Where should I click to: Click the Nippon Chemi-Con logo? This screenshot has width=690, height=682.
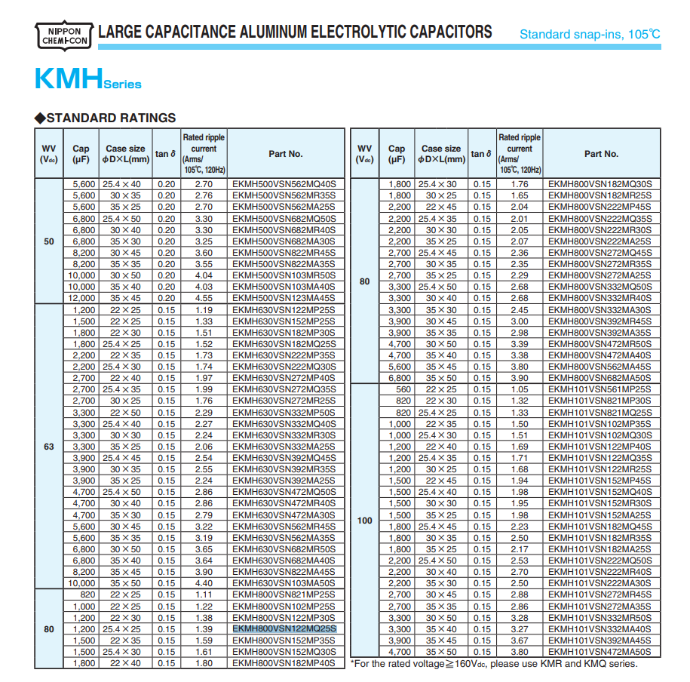[x=64, y=33]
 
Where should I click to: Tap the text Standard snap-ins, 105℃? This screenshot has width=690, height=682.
[x=590, y=34]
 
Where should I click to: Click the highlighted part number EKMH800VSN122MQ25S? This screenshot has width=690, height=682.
[x=284, y=629]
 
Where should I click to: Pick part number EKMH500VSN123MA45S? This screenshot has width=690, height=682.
[x=284, y=298]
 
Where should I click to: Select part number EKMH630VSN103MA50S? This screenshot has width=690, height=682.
[x=284, y=584]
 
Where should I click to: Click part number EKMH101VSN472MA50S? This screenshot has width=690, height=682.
[x=600, y=652]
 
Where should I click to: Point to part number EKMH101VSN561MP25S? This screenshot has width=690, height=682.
[x=600, y=389]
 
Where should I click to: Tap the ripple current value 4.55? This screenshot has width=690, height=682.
[x=204, y=298]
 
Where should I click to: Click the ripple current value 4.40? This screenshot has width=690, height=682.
[x=204, y=584]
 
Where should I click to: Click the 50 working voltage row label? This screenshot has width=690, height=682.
[x=49, y=241]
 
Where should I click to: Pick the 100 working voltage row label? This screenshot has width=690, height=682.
[x=364, y=521]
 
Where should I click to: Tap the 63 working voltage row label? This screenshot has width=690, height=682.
[x=49, y=447]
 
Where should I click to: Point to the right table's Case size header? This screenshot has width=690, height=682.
[x=441, y=154]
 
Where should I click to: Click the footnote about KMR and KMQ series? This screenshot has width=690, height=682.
[x=494, y=664]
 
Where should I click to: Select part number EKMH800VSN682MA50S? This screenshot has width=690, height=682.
[x=600, y=378]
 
